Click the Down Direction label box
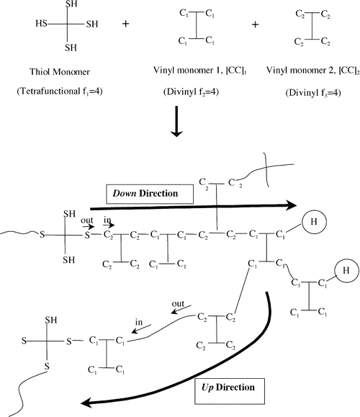(x=150, y=194)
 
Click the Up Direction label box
(x=230, y=391)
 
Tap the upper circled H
(x=314, y=222)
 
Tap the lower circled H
(x=346, y=271)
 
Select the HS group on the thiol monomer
(x=41, y=23)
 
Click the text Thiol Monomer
(x=60, y=71)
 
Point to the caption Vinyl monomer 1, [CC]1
(x=200, y=70)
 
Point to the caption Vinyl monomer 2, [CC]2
(x=313, y=70)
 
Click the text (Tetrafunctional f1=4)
(x=60, y=91)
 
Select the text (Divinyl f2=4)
(x=191, y=91)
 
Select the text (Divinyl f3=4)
(x=313, y=93)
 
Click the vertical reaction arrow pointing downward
(x=176, y=121)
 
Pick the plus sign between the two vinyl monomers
(x=255, y=24)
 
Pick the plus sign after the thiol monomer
(x=125, y=24)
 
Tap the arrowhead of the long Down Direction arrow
(x=292, y=205)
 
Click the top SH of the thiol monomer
(x=71, y=4)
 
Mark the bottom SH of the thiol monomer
(x=71, y=48)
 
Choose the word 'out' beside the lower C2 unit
(x=178, y=304)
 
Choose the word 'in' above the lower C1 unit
(x=139, y=322)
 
